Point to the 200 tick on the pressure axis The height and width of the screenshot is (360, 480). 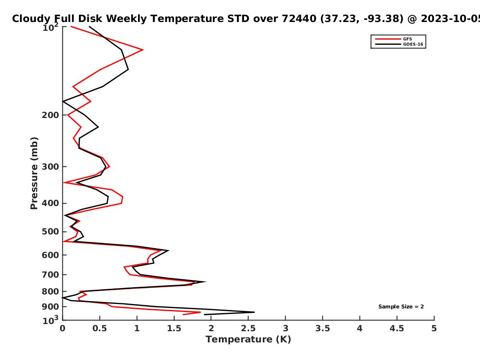(x=50, y=115)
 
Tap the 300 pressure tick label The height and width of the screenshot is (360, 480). (x=50, y=167)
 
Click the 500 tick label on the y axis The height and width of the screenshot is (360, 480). (x=50, y=232)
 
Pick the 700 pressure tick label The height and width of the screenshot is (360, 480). (x=50, y=275)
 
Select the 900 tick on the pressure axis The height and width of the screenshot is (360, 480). (x=50, y=307)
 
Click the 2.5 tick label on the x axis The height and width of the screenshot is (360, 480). (x=248, y=328)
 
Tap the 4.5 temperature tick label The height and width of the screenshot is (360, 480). (x=397, y=328)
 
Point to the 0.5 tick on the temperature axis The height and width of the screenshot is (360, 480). (x=100, y=328)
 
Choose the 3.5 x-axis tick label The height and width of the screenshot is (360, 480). (x=322, y=328)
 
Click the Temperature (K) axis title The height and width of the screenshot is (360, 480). (x=248, y=340)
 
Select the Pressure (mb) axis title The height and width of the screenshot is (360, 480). (x=34, y=173)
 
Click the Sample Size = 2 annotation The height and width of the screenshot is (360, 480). (x=401, y=307)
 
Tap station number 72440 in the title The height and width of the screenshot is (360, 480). (x=299, y=19)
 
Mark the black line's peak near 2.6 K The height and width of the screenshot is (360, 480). (x=254, y=312)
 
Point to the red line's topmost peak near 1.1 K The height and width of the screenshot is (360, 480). (x=143, y=50)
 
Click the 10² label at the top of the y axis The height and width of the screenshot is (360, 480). (x=50, y=27)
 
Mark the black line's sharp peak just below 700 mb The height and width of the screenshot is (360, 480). (x=206, y=282)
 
